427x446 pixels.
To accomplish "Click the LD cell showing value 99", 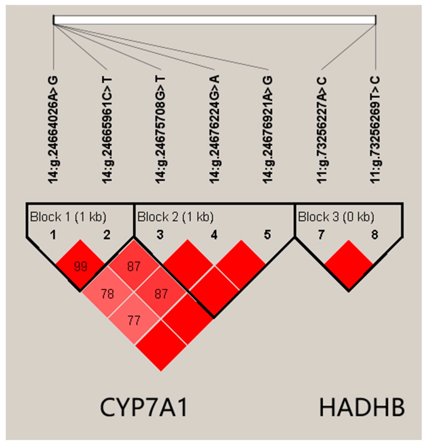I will coord(80,266).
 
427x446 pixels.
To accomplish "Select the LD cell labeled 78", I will coord(107,293).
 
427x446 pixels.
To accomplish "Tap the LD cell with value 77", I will coord(134,320).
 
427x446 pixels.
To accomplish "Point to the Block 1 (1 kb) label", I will coord(68,217).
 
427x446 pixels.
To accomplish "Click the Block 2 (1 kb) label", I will coord(176,217).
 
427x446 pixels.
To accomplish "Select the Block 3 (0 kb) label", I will coord(336,217).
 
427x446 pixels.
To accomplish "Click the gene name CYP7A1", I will coord(144,408).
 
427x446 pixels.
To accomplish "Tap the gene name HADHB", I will coord(362,408).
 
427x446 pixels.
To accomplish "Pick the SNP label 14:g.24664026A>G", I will coord(54,130).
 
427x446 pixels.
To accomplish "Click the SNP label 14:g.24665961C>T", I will coord(107,130).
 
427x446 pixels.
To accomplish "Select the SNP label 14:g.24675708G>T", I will coord(161,130).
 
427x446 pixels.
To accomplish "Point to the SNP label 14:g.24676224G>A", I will coord(214,130).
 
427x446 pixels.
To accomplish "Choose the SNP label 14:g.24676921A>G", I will coord(268,130).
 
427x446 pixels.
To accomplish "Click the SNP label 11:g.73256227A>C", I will coord(322,130).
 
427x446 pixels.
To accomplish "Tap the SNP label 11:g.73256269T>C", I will coord(375,130).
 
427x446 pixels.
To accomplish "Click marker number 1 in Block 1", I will coord(54,235).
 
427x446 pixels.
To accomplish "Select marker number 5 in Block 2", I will coord(268,235).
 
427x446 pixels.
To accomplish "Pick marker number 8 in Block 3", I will coord(375,235).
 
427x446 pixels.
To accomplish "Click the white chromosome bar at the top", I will coord(215,20).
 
